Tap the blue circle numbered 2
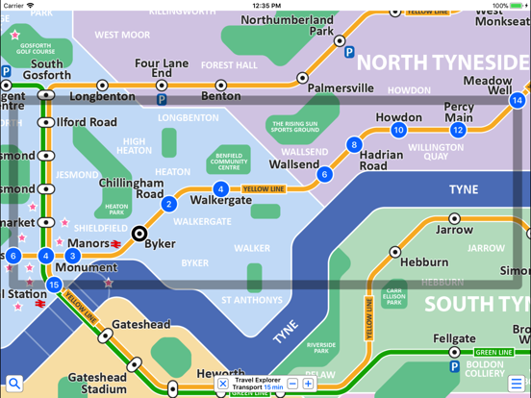(x=169, y=204)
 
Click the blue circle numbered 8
(x=354, y=145)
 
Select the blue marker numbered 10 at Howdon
(x=398, y=130)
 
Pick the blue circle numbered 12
(x=458, y=130)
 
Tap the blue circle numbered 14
(x=518, y=101)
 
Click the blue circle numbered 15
(x=54, y=285)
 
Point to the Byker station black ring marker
(x=139, y=233)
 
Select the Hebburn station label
(x=424, y=261)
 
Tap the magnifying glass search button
(x=13, y=385)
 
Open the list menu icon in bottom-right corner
(x=517, y=385)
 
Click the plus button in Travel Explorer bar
(x=308, y=384)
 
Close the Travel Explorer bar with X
(x=223, y=384)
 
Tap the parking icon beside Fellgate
(x=455, y=366)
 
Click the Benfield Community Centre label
(x=228, y=161)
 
